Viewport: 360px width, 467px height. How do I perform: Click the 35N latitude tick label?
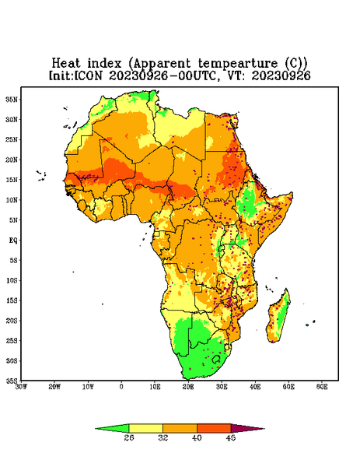(12, 100)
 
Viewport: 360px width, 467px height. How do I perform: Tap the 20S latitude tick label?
(12, 321)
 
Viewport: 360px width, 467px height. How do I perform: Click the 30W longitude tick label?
(21, 387)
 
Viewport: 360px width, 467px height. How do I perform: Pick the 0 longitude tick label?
(121, 387)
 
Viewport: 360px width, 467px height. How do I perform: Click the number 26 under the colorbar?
(129, 437)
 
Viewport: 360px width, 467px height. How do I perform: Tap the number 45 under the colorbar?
(231, 437)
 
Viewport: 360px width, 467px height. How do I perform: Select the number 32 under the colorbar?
(163, 437)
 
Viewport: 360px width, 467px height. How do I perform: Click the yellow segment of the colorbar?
(145, 429)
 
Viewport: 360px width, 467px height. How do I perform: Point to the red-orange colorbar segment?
(214, 429)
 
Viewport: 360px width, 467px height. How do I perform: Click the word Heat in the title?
(66, 63)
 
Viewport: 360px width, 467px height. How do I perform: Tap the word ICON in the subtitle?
(88, 75)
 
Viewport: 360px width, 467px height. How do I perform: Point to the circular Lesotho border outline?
(216, 359)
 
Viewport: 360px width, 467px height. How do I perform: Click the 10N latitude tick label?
(12, 200)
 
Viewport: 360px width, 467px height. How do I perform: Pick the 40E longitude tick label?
(255, 387)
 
